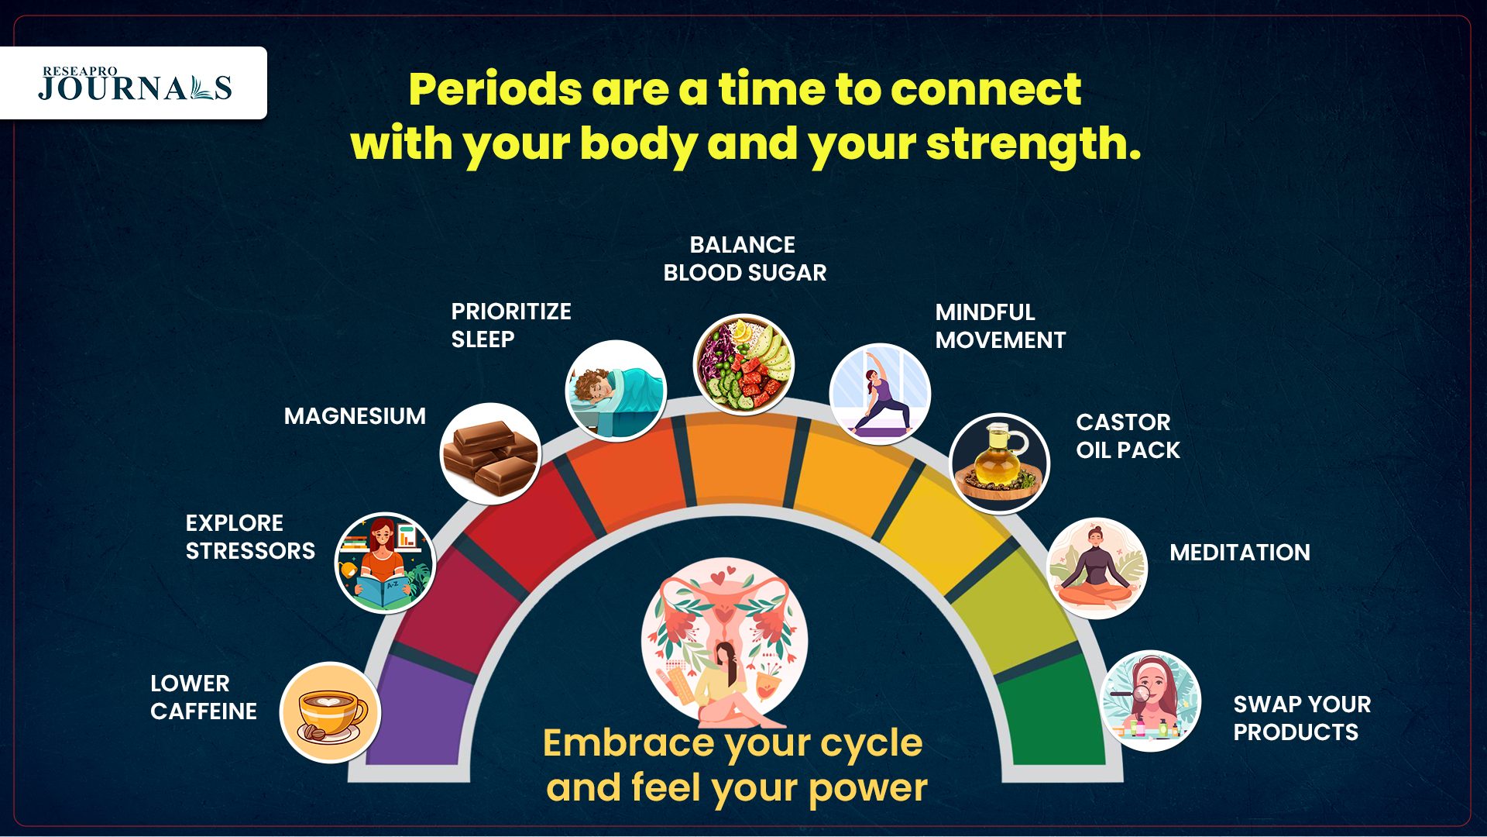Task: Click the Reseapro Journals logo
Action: (136, 84)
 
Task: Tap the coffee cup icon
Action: (331, 712)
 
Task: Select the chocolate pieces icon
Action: (490, 453)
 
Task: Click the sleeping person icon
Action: (616, 391)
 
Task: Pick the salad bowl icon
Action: (743, 364)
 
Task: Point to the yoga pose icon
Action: (880, 394)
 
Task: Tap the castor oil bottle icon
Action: (1000, 463)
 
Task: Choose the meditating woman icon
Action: (1097, 568)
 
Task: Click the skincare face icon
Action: (1150, 701)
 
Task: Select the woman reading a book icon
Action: (385, 563)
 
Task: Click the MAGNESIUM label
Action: (355, 416)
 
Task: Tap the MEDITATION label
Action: (1240, 553)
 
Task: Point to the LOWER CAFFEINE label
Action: (204, 697)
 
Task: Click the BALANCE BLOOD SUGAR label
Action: (745, 259)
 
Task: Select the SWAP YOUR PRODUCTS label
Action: (1302, 718)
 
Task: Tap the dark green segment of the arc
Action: (1052, 713)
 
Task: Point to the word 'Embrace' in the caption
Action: (629, 742)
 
